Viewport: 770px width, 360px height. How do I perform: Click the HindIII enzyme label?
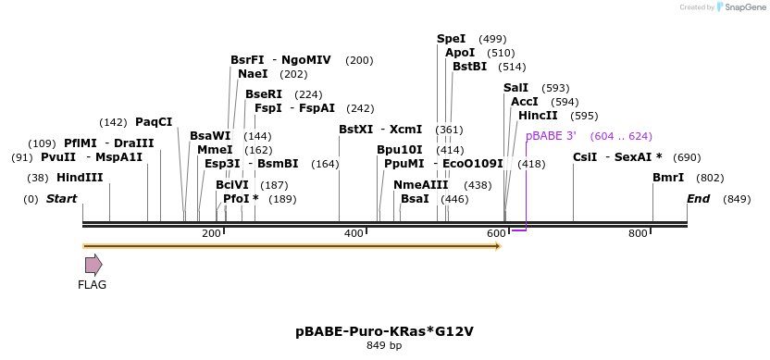pyautogui.click(x=80, y=178)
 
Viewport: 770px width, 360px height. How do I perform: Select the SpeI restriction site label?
pyautogui.click(x=452, y=39)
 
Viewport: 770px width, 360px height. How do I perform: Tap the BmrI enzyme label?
pyautogui.click(x=668, y=178)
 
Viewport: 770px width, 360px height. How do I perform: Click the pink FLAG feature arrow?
pyautogui.click(x=93, y=265)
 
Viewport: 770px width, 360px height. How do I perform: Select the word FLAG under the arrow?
pyautogui.click(x=93, y=285)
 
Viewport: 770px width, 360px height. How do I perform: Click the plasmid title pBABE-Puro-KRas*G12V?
pyautogui.click(x=385, y=330)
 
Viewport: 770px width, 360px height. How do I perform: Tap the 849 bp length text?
pyautogui.click(x=384, y=346)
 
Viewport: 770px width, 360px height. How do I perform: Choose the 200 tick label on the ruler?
pyautogui.click(x=211, y=234)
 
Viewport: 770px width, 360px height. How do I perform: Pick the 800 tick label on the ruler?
pyautogui.click(x=638, y=234)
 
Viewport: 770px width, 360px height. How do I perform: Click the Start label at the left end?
pyautogui.click(x=62, y=199)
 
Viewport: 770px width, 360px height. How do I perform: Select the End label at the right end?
pyautogui.click(x=698, y=199)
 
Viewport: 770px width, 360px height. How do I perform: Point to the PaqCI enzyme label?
pyautogui.click(x=154, y=122)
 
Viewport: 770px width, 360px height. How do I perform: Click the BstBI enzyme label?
pyautogui.click(x=469, y=67)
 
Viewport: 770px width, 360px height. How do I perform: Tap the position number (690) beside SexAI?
pyautogui.click(x=687, y=157)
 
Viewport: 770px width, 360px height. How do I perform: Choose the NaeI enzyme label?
pyautogui.click(x=253, y=74)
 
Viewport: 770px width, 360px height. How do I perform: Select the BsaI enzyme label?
pyautogui.click(x=415, y=199)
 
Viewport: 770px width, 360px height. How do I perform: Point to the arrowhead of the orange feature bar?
pyautogui.click(x=497, y=246)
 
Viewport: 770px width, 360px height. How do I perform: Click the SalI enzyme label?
pyautogui.click(x=516, y=88)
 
